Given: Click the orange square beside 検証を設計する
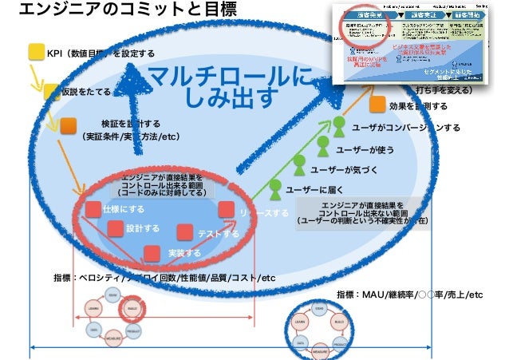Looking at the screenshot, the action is pyautogui.click(x=69, y=125).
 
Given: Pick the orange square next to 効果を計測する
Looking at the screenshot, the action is pyautogui.click(x=377, y=105).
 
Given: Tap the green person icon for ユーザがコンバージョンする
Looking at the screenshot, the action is pyautogui.click(x=339, y=125).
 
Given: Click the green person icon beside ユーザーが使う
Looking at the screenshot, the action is pyautogui.click(x=323, y=146).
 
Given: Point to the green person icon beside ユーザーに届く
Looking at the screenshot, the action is pyautogui.click(x=274, y=189).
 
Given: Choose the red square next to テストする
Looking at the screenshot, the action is pyautogui.click(x=185, y=232).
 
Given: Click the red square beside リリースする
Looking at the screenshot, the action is pyautogui.click(x=226, y=210).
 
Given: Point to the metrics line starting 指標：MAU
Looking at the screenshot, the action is pyautogui.click(x=409, y=295).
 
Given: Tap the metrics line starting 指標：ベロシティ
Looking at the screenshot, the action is pyautogui.click(x=164, y=278).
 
